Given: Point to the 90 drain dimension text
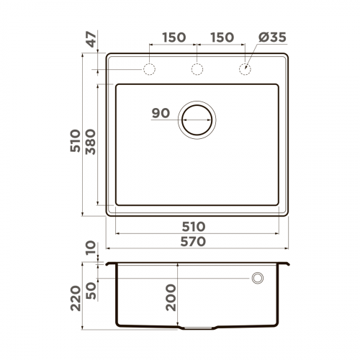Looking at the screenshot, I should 161,113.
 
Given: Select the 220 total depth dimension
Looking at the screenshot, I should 74,296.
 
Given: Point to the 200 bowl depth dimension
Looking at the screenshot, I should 171,296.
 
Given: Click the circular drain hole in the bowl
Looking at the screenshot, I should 196,119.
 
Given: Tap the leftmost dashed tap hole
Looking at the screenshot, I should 150,70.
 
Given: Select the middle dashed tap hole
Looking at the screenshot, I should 197,70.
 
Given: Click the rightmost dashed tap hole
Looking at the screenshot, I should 245,70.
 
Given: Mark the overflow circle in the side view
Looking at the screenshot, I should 257,278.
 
